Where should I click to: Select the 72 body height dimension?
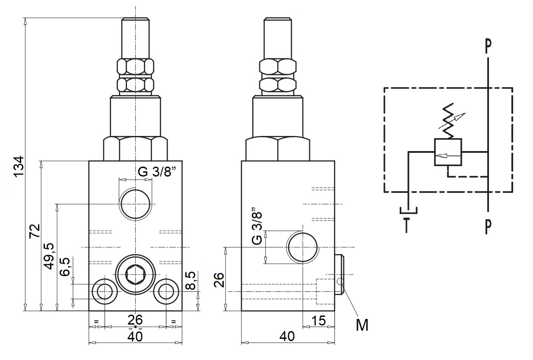[x=35, y=231]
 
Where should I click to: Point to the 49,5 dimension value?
[x=50, y=256]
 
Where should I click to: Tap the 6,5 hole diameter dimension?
[x=65, y=267]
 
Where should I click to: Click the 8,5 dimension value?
[x=190, y=281]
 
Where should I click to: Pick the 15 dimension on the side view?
[x=318, y=321]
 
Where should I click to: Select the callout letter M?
[x=362, y=325]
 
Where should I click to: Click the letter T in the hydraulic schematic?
[x=406, y=225]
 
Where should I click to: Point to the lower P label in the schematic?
[x=488, y=227]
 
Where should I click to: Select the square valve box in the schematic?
[x=448, y=152]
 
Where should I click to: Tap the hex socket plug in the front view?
[x=135, y=275]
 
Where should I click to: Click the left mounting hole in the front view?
[x=105, y=291]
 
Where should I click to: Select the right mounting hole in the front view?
[x=166, y=291]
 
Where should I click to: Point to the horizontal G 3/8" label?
[x=158, y=171]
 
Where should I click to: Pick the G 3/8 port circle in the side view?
[x=302, y=247]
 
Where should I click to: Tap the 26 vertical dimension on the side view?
[x=219, y=280]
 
